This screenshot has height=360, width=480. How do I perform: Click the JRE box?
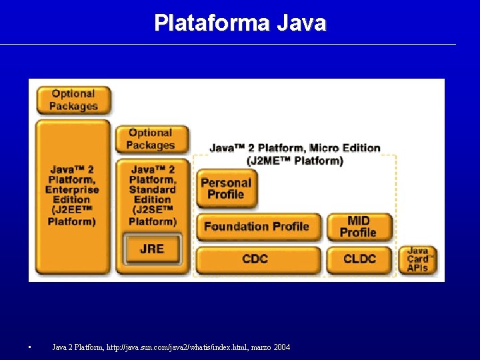pos(152,249)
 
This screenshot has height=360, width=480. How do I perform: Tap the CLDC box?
pos(359,259)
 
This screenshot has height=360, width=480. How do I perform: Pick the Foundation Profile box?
pos(257,227)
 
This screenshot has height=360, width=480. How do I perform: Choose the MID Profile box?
pos(358,227)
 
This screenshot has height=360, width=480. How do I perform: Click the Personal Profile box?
pos(226,189)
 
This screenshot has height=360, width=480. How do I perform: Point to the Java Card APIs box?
pos(418,259)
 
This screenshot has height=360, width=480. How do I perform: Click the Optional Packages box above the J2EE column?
pos(73,100)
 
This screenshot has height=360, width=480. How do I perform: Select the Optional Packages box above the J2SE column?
pos(151,139)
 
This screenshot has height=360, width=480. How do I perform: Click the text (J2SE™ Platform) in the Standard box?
pos(153,216)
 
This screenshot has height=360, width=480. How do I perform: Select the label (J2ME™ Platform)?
pos(295,161)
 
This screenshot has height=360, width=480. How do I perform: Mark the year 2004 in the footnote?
pos(281,347)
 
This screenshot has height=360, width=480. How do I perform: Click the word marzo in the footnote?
pos(257,347)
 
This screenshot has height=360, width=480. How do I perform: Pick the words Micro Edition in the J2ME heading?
pos(345,148)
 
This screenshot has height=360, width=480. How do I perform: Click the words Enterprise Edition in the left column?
pos(71,195)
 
